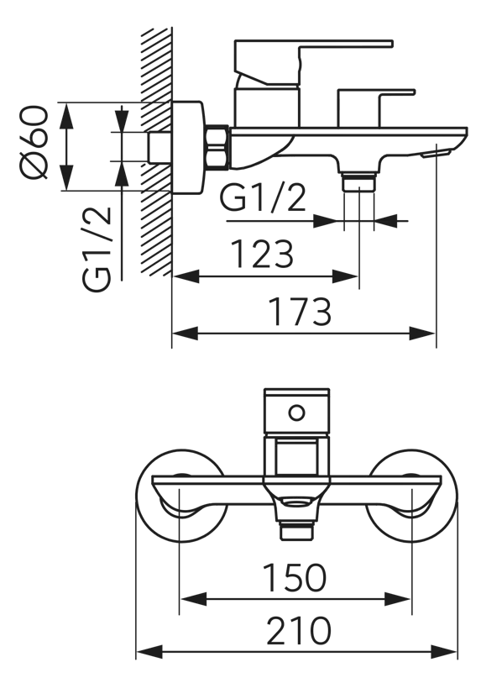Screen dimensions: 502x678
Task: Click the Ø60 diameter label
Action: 34,142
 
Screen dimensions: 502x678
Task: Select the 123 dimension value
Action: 262,254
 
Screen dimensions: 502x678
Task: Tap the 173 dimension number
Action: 300,312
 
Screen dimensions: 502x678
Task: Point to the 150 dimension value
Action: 294,577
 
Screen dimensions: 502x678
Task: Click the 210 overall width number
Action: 299,631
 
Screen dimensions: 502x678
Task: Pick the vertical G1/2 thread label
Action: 97,249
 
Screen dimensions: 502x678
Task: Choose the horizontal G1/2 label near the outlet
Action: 263,197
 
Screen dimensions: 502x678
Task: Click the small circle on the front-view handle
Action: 296,413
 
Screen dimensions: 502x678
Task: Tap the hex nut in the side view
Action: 217,146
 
